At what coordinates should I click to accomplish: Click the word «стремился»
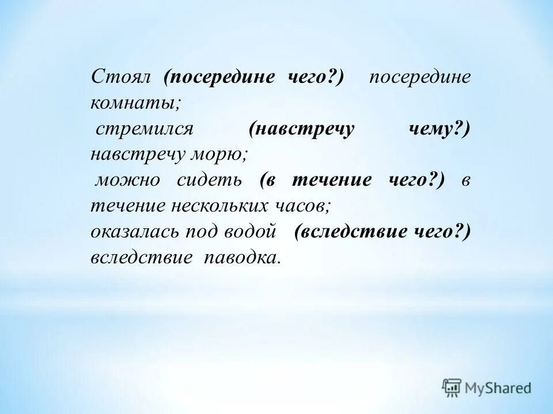143,129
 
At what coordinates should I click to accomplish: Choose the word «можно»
127,181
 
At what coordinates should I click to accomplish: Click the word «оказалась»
135,231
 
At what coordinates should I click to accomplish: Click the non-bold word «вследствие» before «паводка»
141,257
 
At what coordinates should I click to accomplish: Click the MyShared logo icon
452,387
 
